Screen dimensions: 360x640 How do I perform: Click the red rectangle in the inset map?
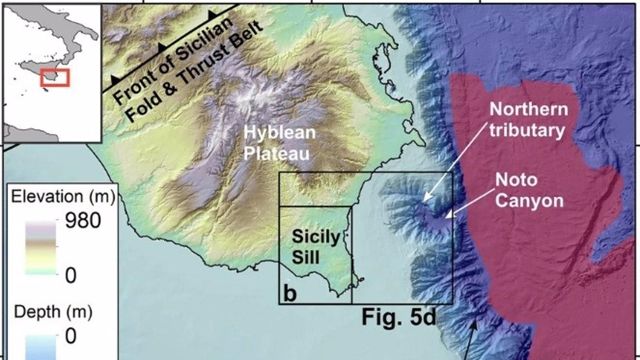pyautogui.click(x=55, y=77)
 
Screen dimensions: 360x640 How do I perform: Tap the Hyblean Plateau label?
pyautogui.click(x=279, y=143)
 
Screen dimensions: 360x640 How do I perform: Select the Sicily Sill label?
pyautogui.click(x=315, y=247)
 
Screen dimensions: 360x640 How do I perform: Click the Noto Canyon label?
pyautogui.click(x=529, y=190)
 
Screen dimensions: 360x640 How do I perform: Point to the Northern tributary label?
pyautogui.click(x=528, y=120)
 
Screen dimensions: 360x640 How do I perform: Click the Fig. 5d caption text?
pyautogui.click(x=398, y=317)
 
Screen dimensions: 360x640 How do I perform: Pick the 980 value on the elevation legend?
pyautogui.click(x=83, y=220)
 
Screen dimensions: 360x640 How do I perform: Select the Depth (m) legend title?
pyautogui.click(x=53, y=312)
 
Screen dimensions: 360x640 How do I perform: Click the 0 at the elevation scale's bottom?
pyautogui.click(x=70, y=276)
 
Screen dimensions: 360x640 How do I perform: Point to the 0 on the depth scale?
pyautogui.click(x=70, y=336)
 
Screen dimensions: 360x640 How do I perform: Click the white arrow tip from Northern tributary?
pyautogui.click(x=424, y=200)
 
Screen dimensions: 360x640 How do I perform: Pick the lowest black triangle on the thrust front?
pyautogui.click(x=115, y=79)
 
